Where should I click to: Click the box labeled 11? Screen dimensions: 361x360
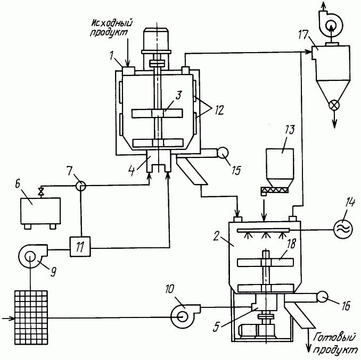point(80,247)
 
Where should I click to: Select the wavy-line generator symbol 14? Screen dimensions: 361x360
point(343,229)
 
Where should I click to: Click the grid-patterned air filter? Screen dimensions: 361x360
point(31,317)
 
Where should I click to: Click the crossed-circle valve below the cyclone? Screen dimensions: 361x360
point(334,105)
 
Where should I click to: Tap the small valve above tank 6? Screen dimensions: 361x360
point(42,191)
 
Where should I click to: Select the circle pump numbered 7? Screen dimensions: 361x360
point(81,186)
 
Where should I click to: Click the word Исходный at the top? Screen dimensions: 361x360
point(112,23)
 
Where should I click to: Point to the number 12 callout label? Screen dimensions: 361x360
point(218,111)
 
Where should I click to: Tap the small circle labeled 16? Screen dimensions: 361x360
point(322,297)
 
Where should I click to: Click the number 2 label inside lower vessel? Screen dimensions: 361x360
point(216,236)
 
